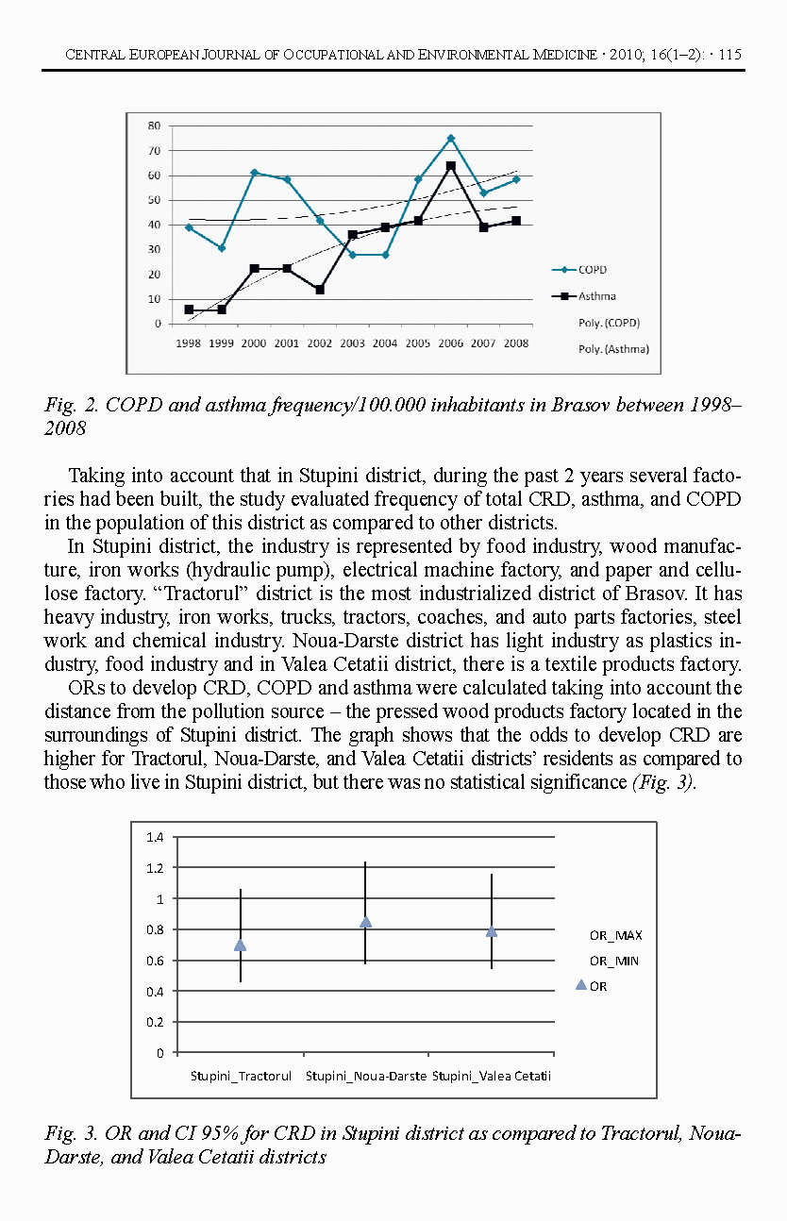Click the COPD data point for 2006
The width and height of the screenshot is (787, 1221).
[x=451, y=138]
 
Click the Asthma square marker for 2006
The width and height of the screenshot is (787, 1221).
[x=451, y=166]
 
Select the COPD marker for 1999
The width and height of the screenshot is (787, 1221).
[x=221, y=248]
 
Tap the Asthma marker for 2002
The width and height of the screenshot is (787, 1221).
[x=320, y=290]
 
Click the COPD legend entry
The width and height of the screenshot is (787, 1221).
[x=592, y=270]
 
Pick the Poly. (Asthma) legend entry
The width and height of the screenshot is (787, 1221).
[x=613, y=349]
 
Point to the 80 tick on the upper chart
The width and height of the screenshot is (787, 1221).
[x=154, y=125]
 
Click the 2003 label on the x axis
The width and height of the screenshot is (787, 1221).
[x=352, y=343]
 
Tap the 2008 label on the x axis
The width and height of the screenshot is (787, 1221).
[x=516, y=343]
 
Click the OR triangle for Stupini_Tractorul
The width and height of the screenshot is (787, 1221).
[x=241, y=945]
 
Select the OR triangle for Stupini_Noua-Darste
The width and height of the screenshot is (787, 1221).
[x=366, y=922]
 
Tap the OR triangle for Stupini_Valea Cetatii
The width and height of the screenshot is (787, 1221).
[x=492, y=931]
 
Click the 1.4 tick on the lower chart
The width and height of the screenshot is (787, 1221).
[x=155, y=837]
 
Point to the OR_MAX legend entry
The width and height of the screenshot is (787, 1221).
[x=615, y=935]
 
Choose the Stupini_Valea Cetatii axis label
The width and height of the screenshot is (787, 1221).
[x=492, y=1076]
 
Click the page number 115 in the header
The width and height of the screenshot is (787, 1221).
[x=729, y=55]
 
